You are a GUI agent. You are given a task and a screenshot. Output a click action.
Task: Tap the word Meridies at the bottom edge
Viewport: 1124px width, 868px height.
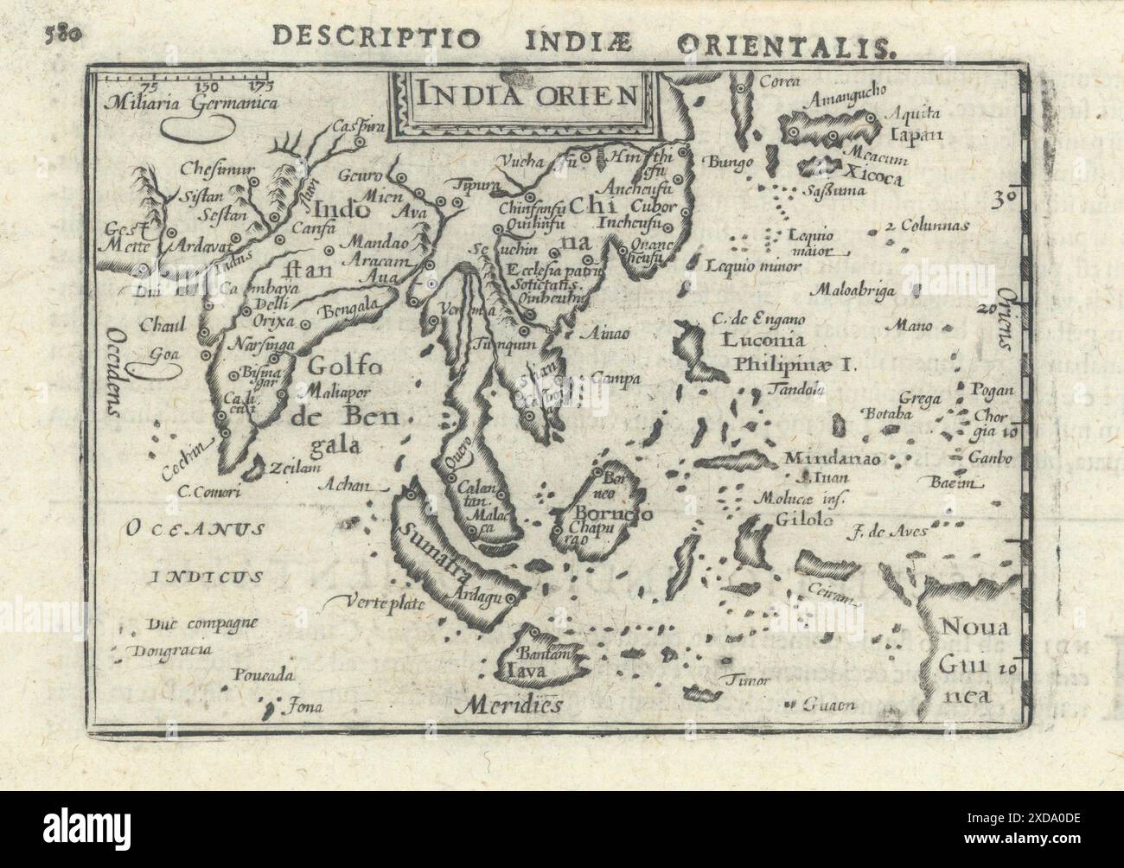(514, 704)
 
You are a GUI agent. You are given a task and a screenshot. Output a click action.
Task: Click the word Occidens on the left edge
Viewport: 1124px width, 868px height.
(112, 373)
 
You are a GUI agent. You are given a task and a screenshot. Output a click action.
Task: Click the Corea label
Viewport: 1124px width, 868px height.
(777, 83)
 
